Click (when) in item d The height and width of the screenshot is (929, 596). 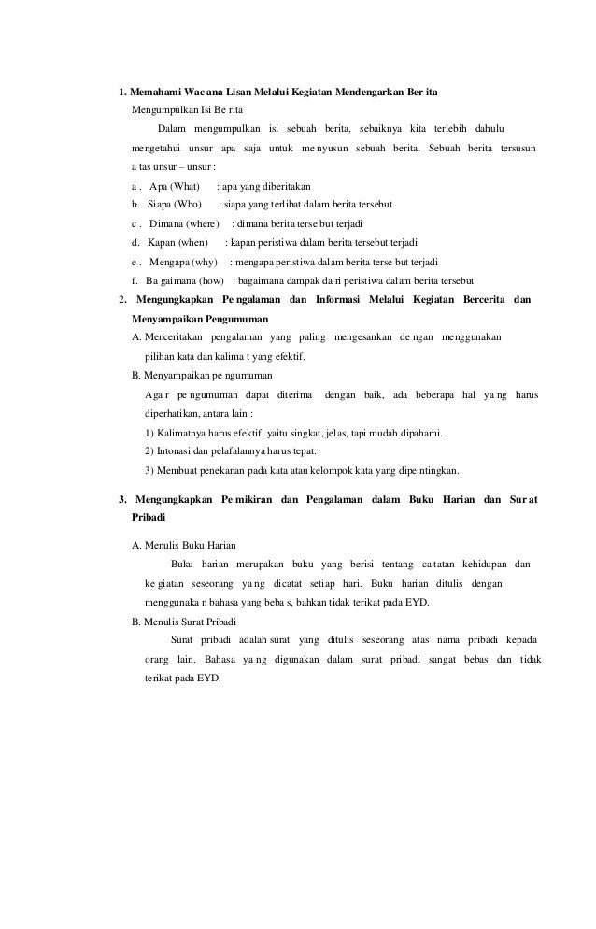click(x=190, y=243)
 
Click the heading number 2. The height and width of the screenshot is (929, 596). click(x=121, y=300)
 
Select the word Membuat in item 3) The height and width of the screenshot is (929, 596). click(x=179, y=470)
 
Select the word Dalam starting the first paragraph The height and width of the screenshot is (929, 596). click(x=171, y=128)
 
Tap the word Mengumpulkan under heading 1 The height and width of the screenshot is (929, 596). click(x=158, y=109)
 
